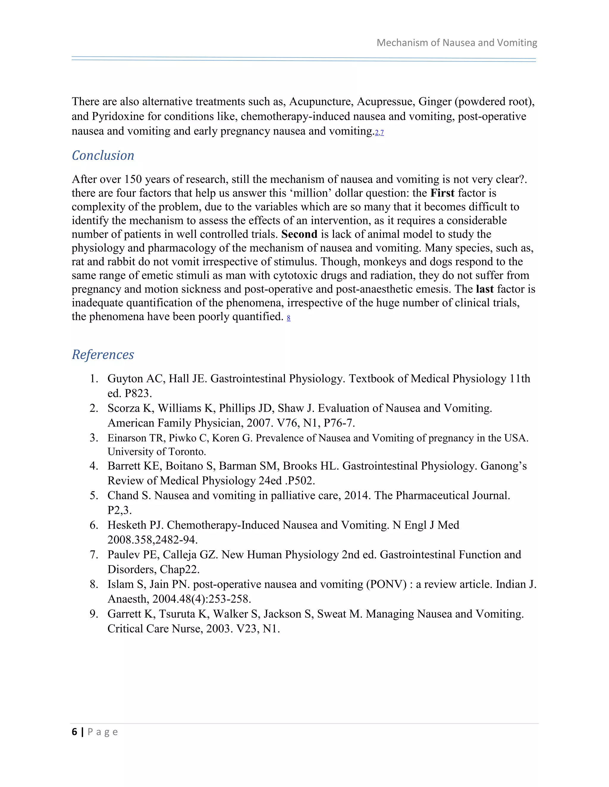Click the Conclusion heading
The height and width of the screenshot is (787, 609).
click(x=103, y=156)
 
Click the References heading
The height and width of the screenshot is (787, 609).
click(x=103, y=355)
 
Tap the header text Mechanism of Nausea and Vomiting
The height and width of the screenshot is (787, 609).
click(x=457, y=43)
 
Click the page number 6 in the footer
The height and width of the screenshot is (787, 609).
click(x=74, y=732)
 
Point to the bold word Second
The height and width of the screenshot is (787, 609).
click(x=299, y=234)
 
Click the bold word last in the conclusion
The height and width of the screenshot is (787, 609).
click(x=484, y=289)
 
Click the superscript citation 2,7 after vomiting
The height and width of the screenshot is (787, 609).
click(x=379, y=133)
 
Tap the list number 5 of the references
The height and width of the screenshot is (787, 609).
click(x=93, y=495)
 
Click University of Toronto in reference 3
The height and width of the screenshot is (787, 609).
click(x=157, y=452)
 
